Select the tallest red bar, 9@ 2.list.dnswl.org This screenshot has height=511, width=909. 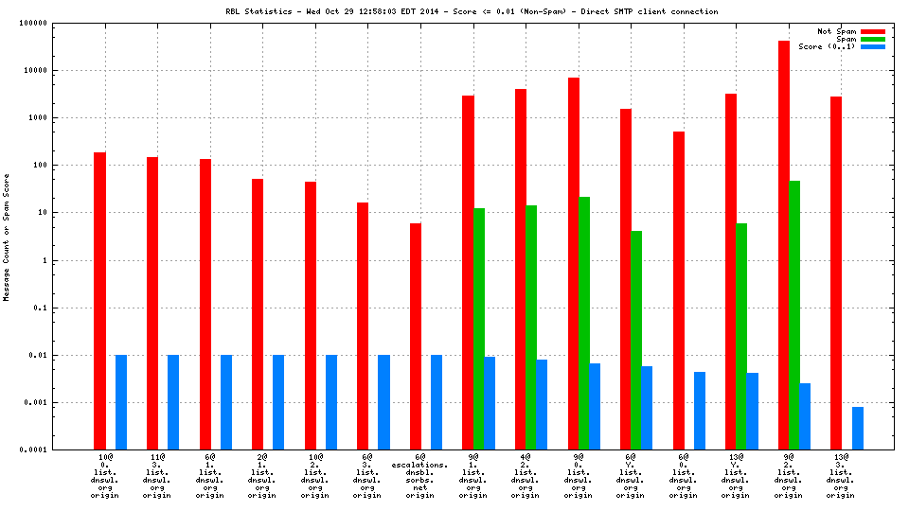[x=784, y=245]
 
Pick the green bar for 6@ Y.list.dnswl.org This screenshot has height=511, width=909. [x=636, y=340]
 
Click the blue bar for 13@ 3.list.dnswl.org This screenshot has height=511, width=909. [x=858, y=428]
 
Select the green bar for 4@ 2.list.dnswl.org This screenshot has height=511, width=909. [x=531, y=327]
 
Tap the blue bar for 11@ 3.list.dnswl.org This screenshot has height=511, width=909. [x=173, y=402]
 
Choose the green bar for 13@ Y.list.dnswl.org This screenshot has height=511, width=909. [x=741, y=336]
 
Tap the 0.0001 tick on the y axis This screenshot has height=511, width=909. [x=60, y=450]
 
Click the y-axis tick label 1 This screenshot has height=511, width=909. [x=70, y=260]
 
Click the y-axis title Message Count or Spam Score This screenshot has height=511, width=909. [x=7, y=237]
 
